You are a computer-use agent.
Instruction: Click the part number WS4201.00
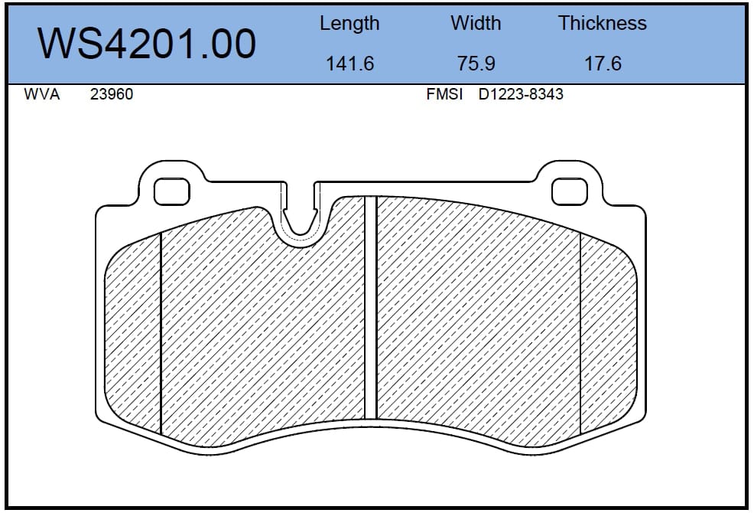147,44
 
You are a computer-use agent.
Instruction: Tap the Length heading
349,24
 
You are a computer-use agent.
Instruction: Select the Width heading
476,23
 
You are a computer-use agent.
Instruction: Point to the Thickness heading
602,23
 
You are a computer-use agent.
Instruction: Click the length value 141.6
350,64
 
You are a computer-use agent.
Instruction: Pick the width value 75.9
476,64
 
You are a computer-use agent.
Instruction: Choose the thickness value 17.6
603,64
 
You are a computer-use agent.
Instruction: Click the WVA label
42,94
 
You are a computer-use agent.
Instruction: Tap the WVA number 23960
112,94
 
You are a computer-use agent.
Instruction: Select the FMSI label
444,94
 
